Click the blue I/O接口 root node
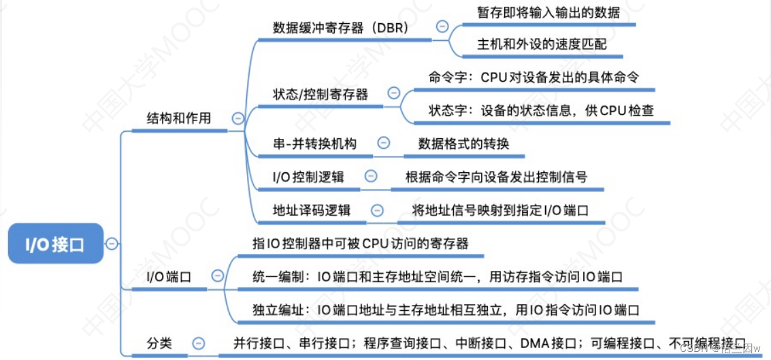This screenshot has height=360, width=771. tap(55, 244)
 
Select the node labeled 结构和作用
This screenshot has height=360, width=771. tap(179, 118)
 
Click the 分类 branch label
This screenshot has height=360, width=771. tap(159, 343)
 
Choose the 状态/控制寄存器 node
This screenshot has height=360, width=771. tap(320, 94)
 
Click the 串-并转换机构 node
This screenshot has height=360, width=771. tap(314, 143)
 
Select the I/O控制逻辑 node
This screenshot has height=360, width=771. tap(308, 176)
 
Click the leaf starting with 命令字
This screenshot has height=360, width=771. tap(534, 77)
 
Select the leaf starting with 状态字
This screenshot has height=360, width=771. tap(541, 110)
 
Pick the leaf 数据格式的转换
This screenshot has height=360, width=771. tap(463, 144)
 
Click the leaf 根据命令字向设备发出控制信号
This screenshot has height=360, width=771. tap(496, 177)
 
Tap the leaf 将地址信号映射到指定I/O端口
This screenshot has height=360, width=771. tap(500, 210)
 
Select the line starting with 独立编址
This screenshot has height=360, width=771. tap(446, 310)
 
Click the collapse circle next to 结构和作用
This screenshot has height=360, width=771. tap(237, 118)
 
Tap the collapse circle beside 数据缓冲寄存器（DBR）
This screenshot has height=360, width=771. tap(442, 27)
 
